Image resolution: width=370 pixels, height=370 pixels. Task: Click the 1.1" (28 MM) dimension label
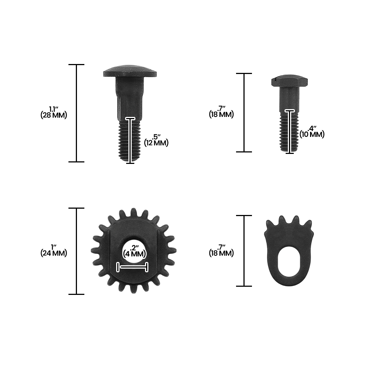pyautogui.click(x=54, y=112)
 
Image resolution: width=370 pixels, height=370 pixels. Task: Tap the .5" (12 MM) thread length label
pyautogui.click(x=156, y=140)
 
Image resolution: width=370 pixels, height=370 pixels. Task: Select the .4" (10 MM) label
pyautogui.click(x=312, y=132)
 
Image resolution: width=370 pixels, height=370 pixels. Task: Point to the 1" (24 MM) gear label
pyautogui.click(x=54, y=250)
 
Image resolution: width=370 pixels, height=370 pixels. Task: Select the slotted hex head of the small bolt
pyautogui.click(x=289, y=81)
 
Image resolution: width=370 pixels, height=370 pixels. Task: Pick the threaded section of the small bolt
pyautogui.click(x=289, y=132)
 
